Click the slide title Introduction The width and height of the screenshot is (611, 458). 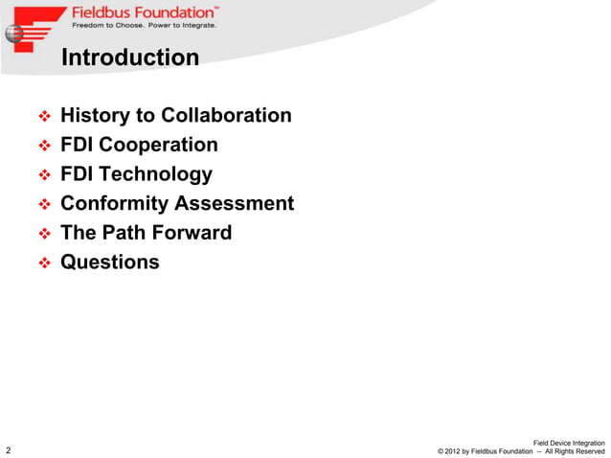(x=129, y=58)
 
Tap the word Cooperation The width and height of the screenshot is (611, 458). (x=158, y=146)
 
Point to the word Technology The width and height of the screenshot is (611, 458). (x=155, y=174)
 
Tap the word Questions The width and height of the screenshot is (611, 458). (x=110, y=262)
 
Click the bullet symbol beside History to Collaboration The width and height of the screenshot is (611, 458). (x=43, y=117)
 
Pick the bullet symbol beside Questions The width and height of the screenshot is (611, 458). (x=43, y=263)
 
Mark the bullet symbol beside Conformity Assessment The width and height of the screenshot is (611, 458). (x=43, y=204)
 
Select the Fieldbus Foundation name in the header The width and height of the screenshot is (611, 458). (x=144, y=12)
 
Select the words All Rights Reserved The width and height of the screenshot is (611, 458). (x=575, y=451)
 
